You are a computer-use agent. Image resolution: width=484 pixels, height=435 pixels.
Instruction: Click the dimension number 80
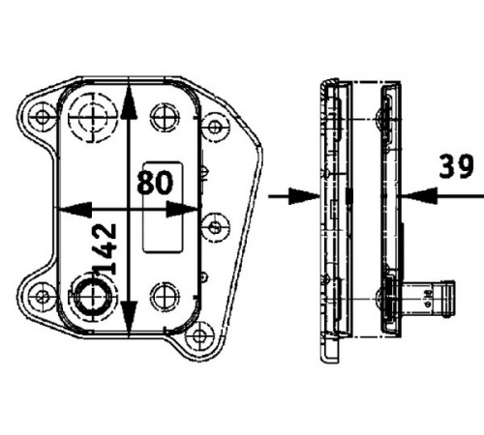pos(155,183)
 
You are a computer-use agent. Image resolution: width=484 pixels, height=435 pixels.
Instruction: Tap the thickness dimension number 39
pos(456,166)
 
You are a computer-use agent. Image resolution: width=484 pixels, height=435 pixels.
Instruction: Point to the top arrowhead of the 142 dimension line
pos(129,103)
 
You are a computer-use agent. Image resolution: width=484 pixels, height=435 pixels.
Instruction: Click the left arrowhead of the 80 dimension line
pos(75,210)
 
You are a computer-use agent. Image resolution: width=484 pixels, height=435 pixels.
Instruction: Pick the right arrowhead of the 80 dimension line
pos(181,210)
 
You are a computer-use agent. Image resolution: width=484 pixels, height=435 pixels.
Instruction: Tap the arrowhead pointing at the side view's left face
pos(304,196)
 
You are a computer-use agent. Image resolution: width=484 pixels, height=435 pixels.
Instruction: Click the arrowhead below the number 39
pos(418,195)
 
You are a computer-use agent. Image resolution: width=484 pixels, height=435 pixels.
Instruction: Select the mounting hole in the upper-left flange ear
pos(42,117)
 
